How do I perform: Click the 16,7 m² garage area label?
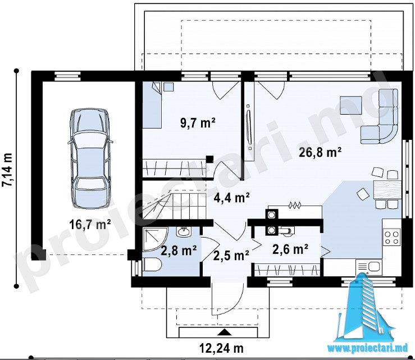(90, 225)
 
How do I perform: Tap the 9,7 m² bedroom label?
(198, 123)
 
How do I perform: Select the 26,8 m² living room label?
(320, 152)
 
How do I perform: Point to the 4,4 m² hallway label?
(231, 198)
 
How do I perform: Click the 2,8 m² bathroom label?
(179, 250)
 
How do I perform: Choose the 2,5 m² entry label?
(231, 256)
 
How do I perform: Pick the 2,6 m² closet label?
(290, 249)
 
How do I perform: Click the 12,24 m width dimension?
(221, 348)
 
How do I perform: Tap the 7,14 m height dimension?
(7, 170)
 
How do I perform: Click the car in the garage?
(90, 158)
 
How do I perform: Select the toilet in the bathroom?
(152, 265)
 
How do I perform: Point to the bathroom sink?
(184, 231)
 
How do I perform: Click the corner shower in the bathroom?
(155, 239)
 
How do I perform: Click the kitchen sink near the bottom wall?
(369, 267)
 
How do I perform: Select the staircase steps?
(175, 206)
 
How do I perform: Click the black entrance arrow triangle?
(224, 332)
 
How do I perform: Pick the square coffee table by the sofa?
(351, 105)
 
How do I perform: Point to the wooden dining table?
(387, 190)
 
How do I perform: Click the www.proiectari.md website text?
(368, 349)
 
